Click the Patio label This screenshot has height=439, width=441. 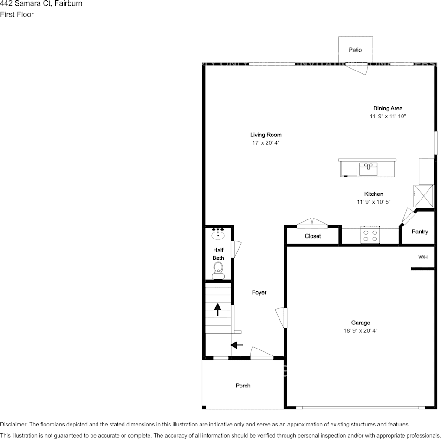click(x=355, y=50)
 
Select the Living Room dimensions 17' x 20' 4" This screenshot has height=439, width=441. click(x=266, y=143)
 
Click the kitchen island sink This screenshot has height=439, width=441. click(x=369, y=169)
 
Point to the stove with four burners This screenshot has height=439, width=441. click(x=370, y=236)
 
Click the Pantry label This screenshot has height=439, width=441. click(x=420, y=232)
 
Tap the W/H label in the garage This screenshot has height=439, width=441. click(x=423, y=257)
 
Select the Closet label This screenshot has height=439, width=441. click(x=313, y=236)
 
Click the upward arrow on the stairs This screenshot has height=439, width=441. click(x=217, y=309)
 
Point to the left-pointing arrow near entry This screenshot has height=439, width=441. click(x=237, y=345)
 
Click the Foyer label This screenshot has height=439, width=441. click(x=259, y=292)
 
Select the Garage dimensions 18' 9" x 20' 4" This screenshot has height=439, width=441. click(x=360, y=331)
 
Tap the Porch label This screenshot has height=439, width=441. click(x=243, y=386)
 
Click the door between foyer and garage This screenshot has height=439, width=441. click(x=281, y=318)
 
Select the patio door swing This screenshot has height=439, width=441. click(x=358, y=69)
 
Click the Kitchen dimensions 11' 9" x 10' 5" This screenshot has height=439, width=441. click(x=374, y=202)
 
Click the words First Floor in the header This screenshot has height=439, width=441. click(x=17, y=14)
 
